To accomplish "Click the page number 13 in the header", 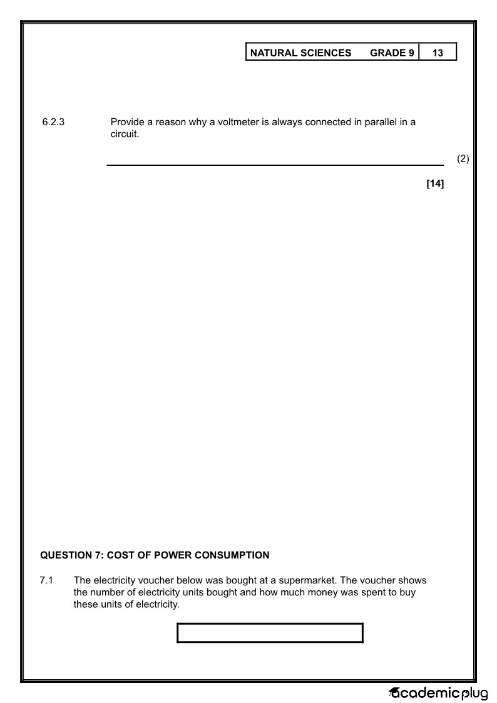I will pos(438,53).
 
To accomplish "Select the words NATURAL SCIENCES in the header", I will pos(300,53).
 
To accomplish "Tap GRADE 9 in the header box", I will pos(392,53).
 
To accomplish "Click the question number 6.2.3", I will pos(53,122).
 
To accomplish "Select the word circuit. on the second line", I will pos(124,134).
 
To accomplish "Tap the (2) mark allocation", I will pos(463,159).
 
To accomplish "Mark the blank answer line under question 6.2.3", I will pos(275,165).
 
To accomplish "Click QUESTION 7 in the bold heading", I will pos(69,555).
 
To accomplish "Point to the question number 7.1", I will pos(46,581).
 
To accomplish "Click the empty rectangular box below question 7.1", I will pos(270,633).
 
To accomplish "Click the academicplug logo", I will pos(438,693).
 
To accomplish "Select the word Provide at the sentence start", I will pos(128,122).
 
